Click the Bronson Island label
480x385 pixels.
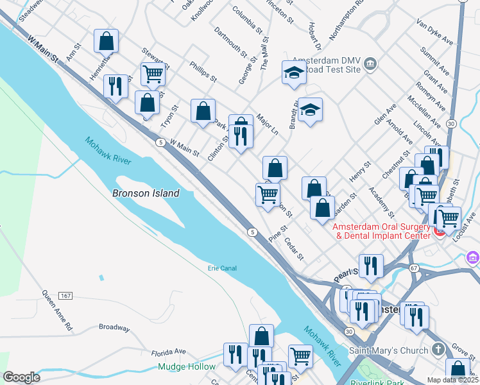[146, 193]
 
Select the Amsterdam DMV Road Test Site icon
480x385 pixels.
[370, 64]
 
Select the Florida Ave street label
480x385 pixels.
[168, 352]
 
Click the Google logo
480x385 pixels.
[21, 377]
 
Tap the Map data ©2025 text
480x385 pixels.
[452, 380]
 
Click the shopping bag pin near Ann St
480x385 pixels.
[107, 42]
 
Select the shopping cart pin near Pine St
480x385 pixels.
[268, 194]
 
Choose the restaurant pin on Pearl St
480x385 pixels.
[371, 266]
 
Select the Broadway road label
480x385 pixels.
[114, 327]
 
